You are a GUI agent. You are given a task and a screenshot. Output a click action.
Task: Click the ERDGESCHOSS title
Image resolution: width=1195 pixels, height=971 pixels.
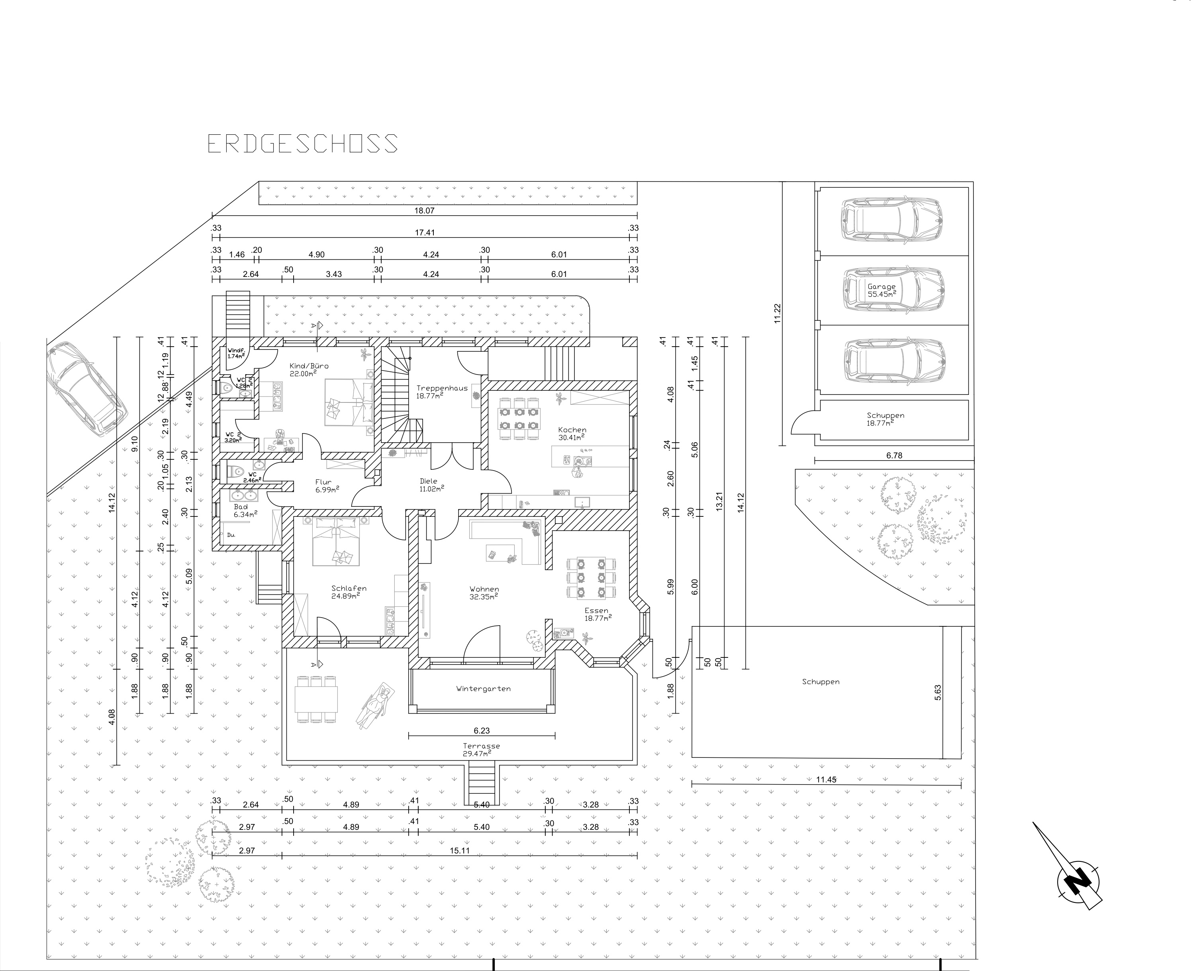pos(302,144)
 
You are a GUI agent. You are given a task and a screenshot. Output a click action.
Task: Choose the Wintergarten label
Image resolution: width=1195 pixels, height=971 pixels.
pos(483,689)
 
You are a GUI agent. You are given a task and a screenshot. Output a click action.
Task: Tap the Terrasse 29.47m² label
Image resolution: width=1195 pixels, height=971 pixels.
pos(481,749)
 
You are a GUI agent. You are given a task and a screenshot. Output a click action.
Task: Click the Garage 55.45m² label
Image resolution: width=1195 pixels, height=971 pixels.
pos(881,290)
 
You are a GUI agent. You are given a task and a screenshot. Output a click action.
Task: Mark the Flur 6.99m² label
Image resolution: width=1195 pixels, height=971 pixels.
pos(324,485)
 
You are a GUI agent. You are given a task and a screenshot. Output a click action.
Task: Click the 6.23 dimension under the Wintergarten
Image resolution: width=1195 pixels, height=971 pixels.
pos(482,730)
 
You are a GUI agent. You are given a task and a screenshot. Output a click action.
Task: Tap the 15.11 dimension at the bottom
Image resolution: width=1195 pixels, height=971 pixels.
pos(459,851)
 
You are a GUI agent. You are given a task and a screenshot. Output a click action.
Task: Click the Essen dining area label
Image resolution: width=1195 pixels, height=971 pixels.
pos(597,614)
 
